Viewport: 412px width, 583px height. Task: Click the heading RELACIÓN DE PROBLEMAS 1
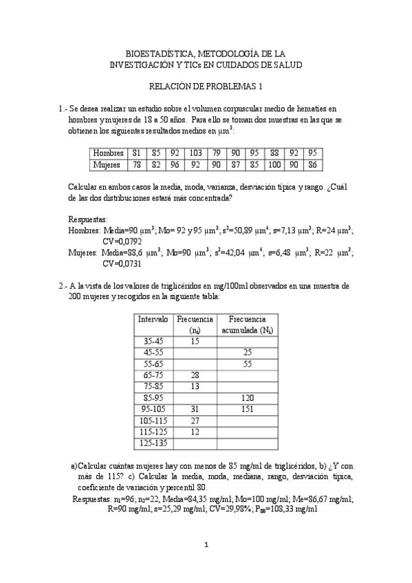tap(206, 87)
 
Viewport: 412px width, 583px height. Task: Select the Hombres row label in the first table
tap(109, 153)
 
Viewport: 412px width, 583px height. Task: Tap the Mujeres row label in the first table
tap(107, 164)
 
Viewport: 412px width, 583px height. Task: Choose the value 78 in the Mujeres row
tap(136, 164)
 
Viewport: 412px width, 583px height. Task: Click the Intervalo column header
tap(152, 320)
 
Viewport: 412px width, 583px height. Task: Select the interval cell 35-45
tap(152, 341)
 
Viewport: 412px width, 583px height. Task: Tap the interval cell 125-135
tap(152, 443)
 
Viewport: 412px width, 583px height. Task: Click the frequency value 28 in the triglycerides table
tap(195, 375)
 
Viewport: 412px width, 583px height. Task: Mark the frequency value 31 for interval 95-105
tap(195, 409)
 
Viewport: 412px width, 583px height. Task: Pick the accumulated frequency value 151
tap(247, 409)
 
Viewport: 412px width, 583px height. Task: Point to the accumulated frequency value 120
tap(247, 398)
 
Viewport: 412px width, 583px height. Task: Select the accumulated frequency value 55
tap(247, 364)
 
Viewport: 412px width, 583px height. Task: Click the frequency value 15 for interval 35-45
tap(195, 341)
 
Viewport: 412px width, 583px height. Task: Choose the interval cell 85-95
tap(152, 398)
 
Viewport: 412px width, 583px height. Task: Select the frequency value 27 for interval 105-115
tap(195, 421)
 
